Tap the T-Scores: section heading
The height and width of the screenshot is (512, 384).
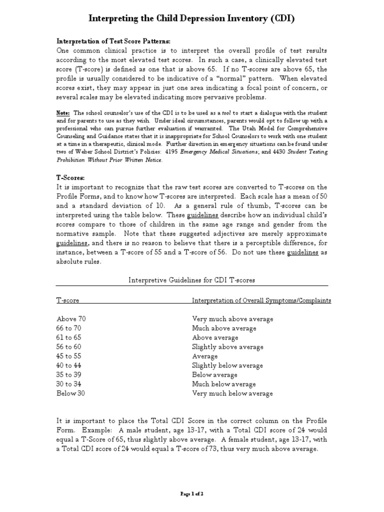click(x=70, y=177)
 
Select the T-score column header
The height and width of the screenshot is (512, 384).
click(x=67, y=300)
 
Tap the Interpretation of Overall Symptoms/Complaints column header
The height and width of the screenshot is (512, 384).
click(x=261, y=300)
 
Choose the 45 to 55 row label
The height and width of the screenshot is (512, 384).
click(x=70, y=356)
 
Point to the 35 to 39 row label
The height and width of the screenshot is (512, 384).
click(x=70, y=375)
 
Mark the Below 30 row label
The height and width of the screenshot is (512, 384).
click(x=71, y=393)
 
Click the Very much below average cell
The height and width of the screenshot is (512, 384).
click(x=232, y=393)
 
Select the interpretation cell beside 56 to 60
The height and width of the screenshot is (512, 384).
click(x=227, y=347)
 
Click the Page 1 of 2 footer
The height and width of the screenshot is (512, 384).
click(x=192, y=494)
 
